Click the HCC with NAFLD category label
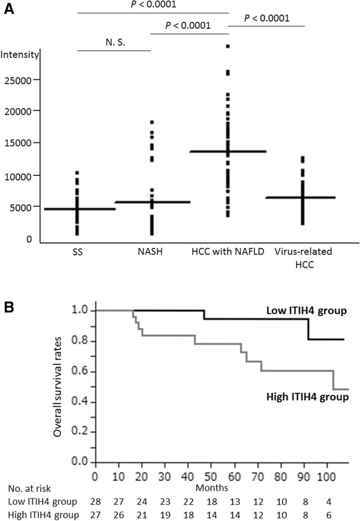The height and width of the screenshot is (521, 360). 228,252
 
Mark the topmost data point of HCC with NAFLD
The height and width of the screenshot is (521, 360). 228,46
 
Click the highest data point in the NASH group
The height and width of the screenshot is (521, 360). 151,122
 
